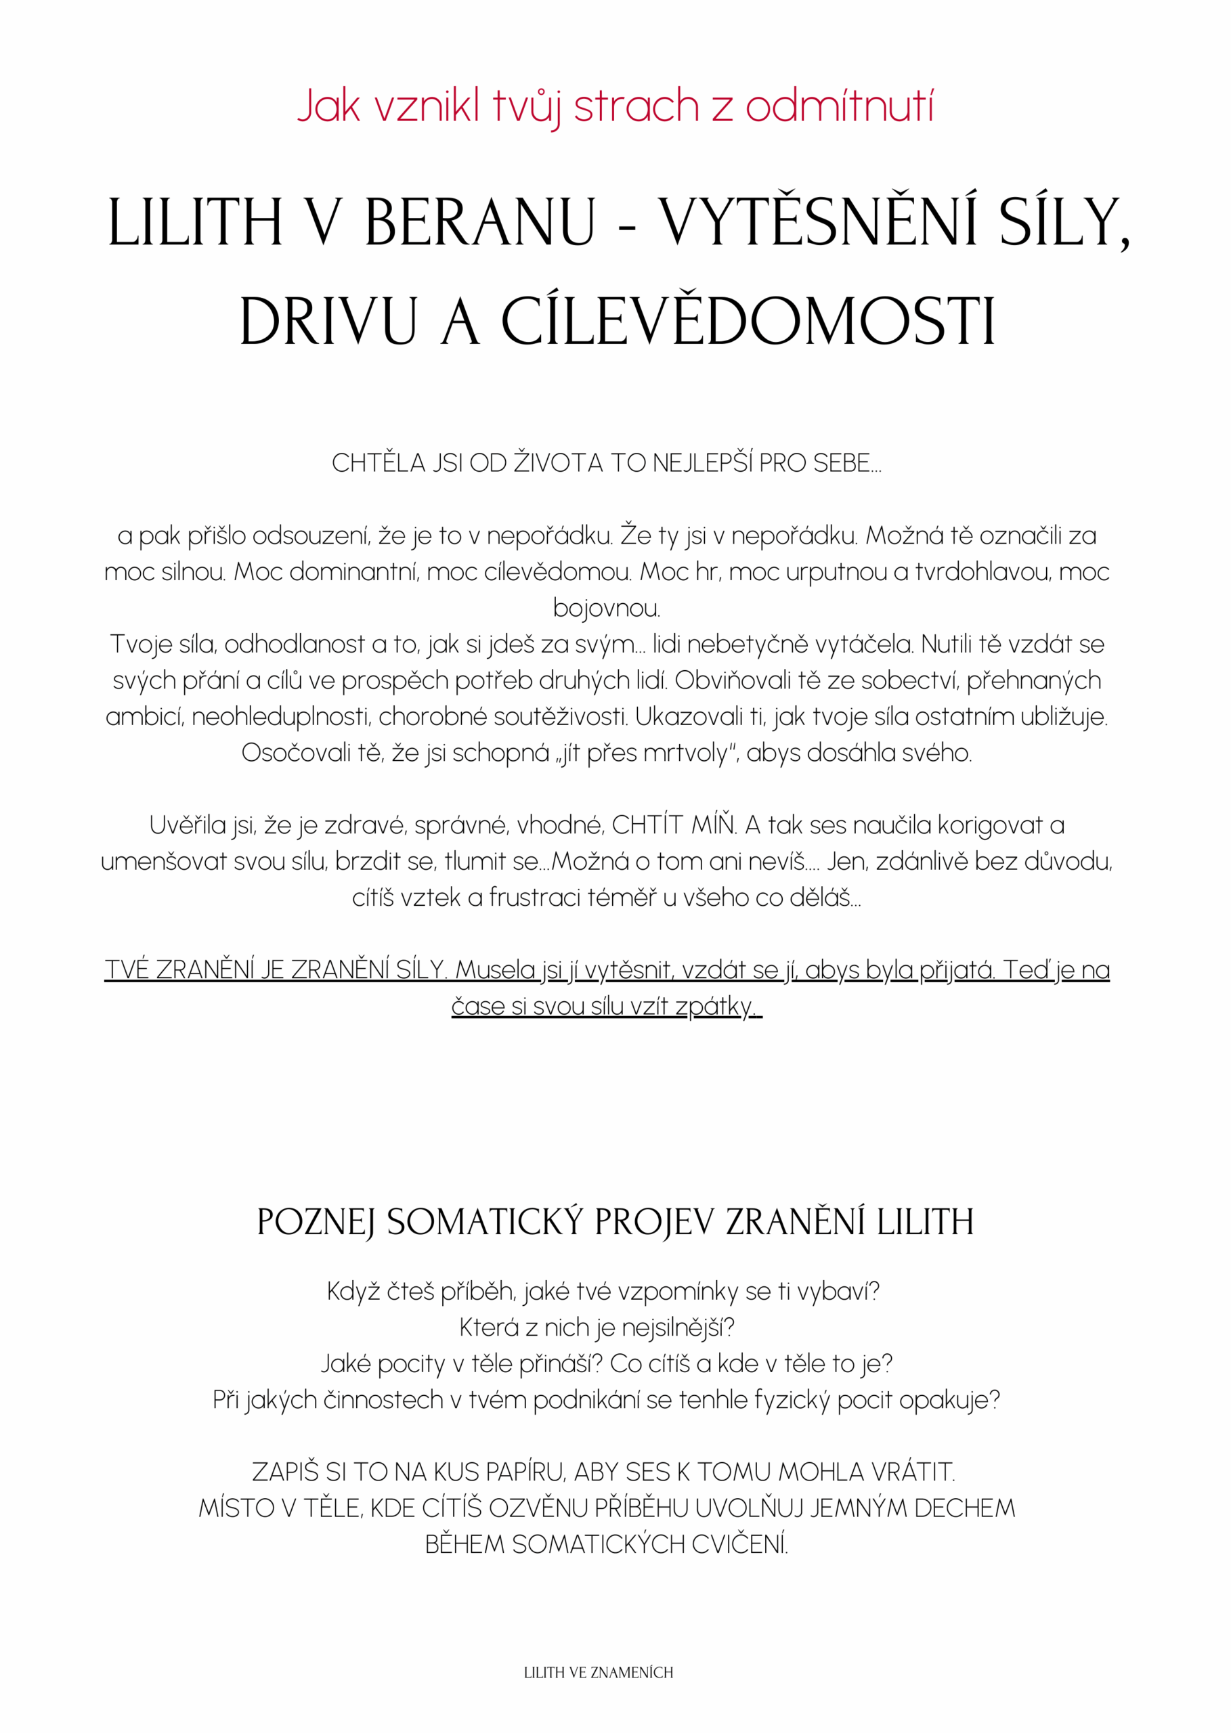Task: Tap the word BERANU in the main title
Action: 480,223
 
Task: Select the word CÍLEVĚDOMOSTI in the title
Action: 748,322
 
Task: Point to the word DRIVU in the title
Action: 328,322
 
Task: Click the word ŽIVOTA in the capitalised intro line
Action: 558,463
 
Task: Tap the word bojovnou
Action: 607,609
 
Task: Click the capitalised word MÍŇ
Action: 714,825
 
